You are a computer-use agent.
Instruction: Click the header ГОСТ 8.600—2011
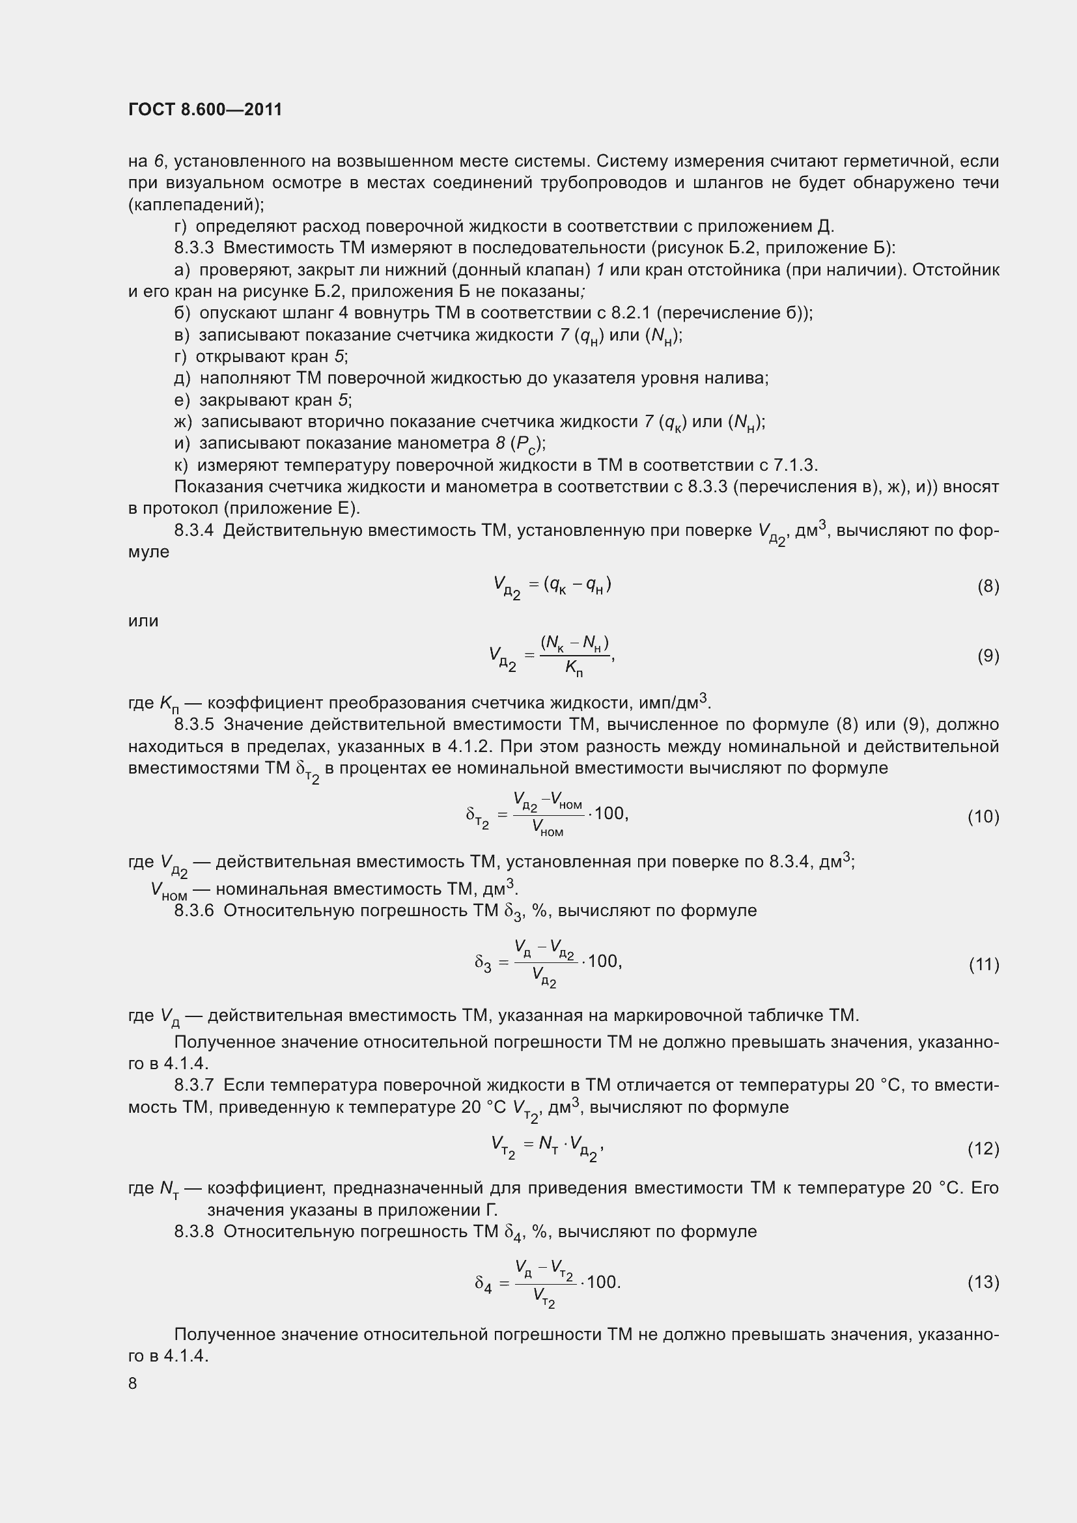(205, 109)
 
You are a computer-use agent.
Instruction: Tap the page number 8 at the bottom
(133, 1384)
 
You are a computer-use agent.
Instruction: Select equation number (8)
(988, 587)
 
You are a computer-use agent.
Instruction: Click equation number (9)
(988, 656)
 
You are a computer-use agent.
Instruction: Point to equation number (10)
(983, 817)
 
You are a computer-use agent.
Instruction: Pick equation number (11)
(983, 964)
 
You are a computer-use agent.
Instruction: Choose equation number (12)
(983, 1148)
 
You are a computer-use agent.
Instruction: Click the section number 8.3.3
(193, 248)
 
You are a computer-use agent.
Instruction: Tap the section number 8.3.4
(193, 531)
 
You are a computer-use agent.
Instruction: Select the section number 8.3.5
(193, 724)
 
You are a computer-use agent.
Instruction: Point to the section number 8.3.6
(193, 910)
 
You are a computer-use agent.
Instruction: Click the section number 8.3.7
(193, 1085)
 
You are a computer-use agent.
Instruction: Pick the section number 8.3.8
(193, 1232)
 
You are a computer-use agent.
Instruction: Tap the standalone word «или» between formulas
(143, 621)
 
